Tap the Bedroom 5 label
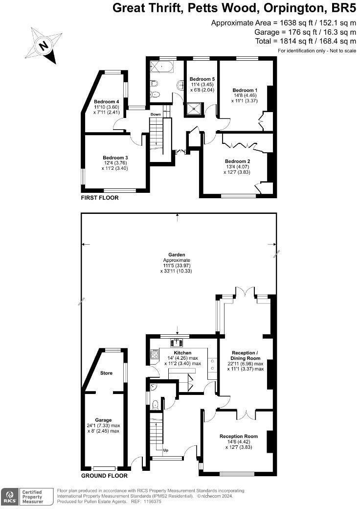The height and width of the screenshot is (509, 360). (x=202, y=79)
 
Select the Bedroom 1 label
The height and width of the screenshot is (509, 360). (x=245, y=90)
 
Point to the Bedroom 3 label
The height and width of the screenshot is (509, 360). (x=115, y=157)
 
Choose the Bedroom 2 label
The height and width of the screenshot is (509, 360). (x=237, y=161)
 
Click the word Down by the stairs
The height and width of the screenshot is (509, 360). (x=156, y=114)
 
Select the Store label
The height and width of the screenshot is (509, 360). (x=106, y=373)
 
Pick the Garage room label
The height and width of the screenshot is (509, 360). (x=103, y=420)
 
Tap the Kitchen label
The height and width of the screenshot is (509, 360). (x=182, y=352)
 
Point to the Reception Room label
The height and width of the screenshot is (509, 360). (x=238, y=436)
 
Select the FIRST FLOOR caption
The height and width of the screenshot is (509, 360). (x=100, y=198)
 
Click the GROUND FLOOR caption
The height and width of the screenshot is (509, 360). (x=104, y=475)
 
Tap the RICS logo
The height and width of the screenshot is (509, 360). (x=9, y=497)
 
